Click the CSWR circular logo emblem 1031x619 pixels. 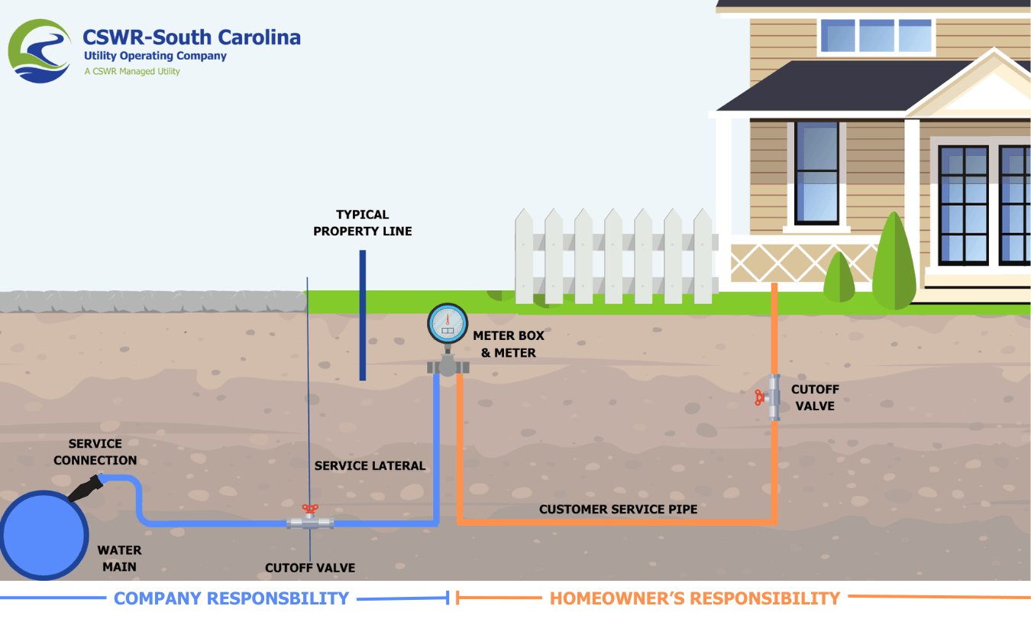[x=40, y=50]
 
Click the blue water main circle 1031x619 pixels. [x=44, y=535]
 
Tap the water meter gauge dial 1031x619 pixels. [x=448, y=323]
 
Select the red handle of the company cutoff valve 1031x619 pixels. [x=310, y=509]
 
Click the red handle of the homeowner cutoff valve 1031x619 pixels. [x=759, y=397]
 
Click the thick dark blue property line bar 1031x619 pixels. [x=363, y=315]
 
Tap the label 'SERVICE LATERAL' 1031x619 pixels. [x=370, y=465]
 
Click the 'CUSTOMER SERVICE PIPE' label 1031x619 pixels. [x=618, y=509]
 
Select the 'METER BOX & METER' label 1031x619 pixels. [x=509, y=344]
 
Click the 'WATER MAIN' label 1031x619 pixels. [x=119, y=558]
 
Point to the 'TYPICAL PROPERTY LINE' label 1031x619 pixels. [x=363, y=223]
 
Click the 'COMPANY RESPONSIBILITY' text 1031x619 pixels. [x=231, y=598]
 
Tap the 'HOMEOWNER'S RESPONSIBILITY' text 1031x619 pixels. [x=695, y=598]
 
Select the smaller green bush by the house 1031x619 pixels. [x=839, y=277]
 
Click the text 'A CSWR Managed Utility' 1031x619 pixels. [x=132, y=71]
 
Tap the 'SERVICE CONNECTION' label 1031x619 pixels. [x=95, y=452]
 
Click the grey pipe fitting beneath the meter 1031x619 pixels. [x=448, y=367]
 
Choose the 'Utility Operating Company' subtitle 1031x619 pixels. [x=155, y=56]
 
